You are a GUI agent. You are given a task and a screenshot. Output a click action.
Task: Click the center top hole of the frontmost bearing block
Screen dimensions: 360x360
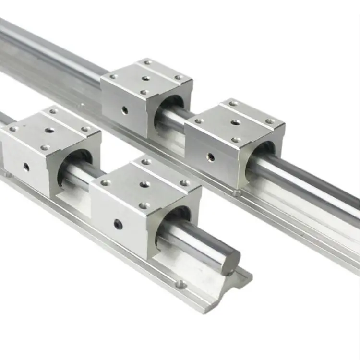coord(145,184)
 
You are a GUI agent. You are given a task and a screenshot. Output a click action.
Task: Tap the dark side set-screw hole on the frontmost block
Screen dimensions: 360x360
coord(117,223)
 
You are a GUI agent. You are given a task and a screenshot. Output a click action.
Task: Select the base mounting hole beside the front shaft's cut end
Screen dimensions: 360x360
coord(182,285)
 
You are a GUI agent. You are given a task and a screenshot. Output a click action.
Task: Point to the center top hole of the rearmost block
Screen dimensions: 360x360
coord(146,78)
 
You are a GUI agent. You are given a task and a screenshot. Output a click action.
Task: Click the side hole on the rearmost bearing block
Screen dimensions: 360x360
coord(125,110)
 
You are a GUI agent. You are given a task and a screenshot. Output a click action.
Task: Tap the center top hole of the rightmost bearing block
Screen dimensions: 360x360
coord(235,122)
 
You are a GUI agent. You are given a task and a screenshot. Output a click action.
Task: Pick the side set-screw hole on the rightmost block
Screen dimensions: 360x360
coord(210,156)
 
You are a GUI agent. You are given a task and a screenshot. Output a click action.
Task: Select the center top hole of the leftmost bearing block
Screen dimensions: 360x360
coord(49,130)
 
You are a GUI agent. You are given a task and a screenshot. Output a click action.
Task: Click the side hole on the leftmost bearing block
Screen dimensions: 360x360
coord(26,167)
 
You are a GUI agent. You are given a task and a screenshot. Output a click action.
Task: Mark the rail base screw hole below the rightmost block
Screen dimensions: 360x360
coord(236,193)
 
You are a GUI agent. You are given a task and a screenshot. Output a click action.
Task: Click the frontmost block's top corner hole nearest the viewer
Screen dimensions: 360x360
coord(144,205)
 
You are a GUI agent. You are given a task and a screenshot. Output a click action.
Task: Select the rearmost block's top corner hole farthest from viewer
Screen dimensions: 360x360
coord(148,62)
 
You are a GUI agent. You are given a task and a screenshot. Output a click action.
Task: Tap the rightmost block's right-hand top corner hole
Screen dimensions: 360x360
coord(270,121)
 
